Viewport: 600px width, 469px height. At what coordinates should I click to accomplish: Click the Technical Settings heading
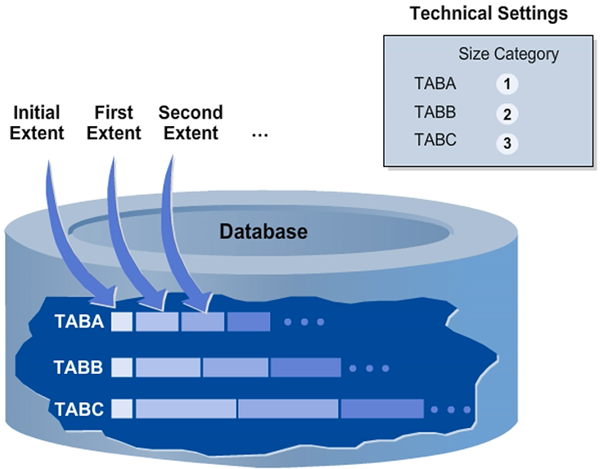(x=488, y=14)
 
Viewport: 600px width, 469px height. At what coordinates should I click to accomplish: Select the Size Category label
(x=508, y=55)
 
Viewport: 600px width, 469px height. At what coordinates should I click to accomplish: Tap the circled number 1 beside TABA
(x=508, y=84)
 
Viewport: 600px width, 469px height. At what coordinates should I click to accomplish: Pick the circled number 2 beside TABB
(x=508, y=114)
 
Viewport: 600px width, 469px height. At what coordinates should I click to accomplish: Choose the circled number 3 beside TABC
(x=508, y=143)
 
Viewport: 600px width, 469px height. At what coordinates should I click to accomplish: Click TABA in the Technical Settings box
(x=435, y=83)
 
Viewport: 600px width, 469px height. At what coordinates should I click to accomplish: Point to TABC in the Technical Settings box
(x=435, y=140)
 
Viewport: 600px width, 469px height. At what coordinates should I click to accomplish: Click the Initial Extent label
(x=37, y=122)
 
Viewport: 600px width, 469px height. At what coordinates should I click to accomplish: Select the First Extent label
(x=114, y=122)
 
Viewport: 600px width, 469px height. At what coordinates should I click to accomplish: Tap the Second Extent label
(x=190, y=122)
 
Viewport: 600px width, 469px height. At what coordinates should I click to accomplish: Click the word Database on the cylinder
(x=264, y=232)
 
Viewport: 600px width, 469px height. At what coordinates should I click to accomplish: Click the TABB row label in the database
(x=79, y=368)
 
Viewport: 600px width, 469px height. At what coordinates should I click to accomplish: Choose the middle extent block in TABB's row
(x=236, y=368)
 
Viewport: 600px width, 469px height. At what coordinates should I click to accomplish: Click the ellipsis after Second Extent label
(x=260, y=133)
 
